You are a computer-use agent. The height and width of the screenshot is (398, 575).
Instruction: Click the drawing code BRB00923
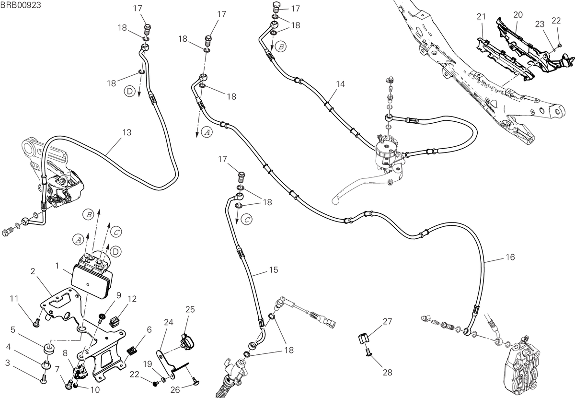21,5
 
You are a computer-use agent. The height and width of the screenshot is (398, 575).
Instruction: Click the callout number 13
127,132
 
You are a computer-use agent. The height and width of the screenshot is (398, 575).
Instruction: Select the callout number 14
340,84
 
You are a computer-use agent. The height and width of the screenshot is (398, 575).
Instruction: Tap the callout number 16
510,257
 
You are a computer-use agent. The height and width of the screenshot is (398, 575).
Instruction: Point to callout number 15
274,270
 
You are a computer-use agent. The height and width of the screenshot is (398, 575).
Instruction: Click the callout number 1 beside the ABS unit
57,266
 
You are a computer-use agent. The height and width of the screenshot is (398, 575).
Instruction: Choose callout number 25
190,309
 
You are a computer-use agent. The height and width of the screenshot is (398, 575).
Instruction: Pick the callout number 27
387,321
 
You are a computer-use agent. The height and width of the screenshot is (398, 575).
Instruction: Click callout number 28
387,372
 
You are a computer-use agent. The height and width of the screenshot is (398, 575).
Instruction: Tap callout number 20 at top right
518,15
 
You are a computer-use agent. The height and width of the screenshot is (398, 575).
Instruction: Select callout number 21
481,17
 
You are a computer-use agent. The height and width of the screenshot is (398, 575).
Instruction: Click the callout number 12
132,299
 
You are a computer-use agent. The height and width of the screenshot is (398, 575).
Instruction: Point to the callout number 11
14,299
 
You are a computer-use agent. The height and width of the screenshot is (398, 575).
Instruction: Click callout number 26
175,390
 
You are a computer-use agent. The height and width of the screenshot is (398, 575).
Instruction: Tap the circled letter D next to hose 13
130,91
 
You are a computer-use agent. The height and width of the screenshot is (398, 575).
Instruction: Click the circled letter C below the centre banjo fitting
247,220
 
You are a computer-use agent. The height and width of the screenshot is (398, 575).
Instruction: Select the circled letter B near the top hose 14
281,47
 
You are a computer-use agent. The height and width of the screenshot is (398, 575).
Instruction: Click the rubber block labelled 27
364,338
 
